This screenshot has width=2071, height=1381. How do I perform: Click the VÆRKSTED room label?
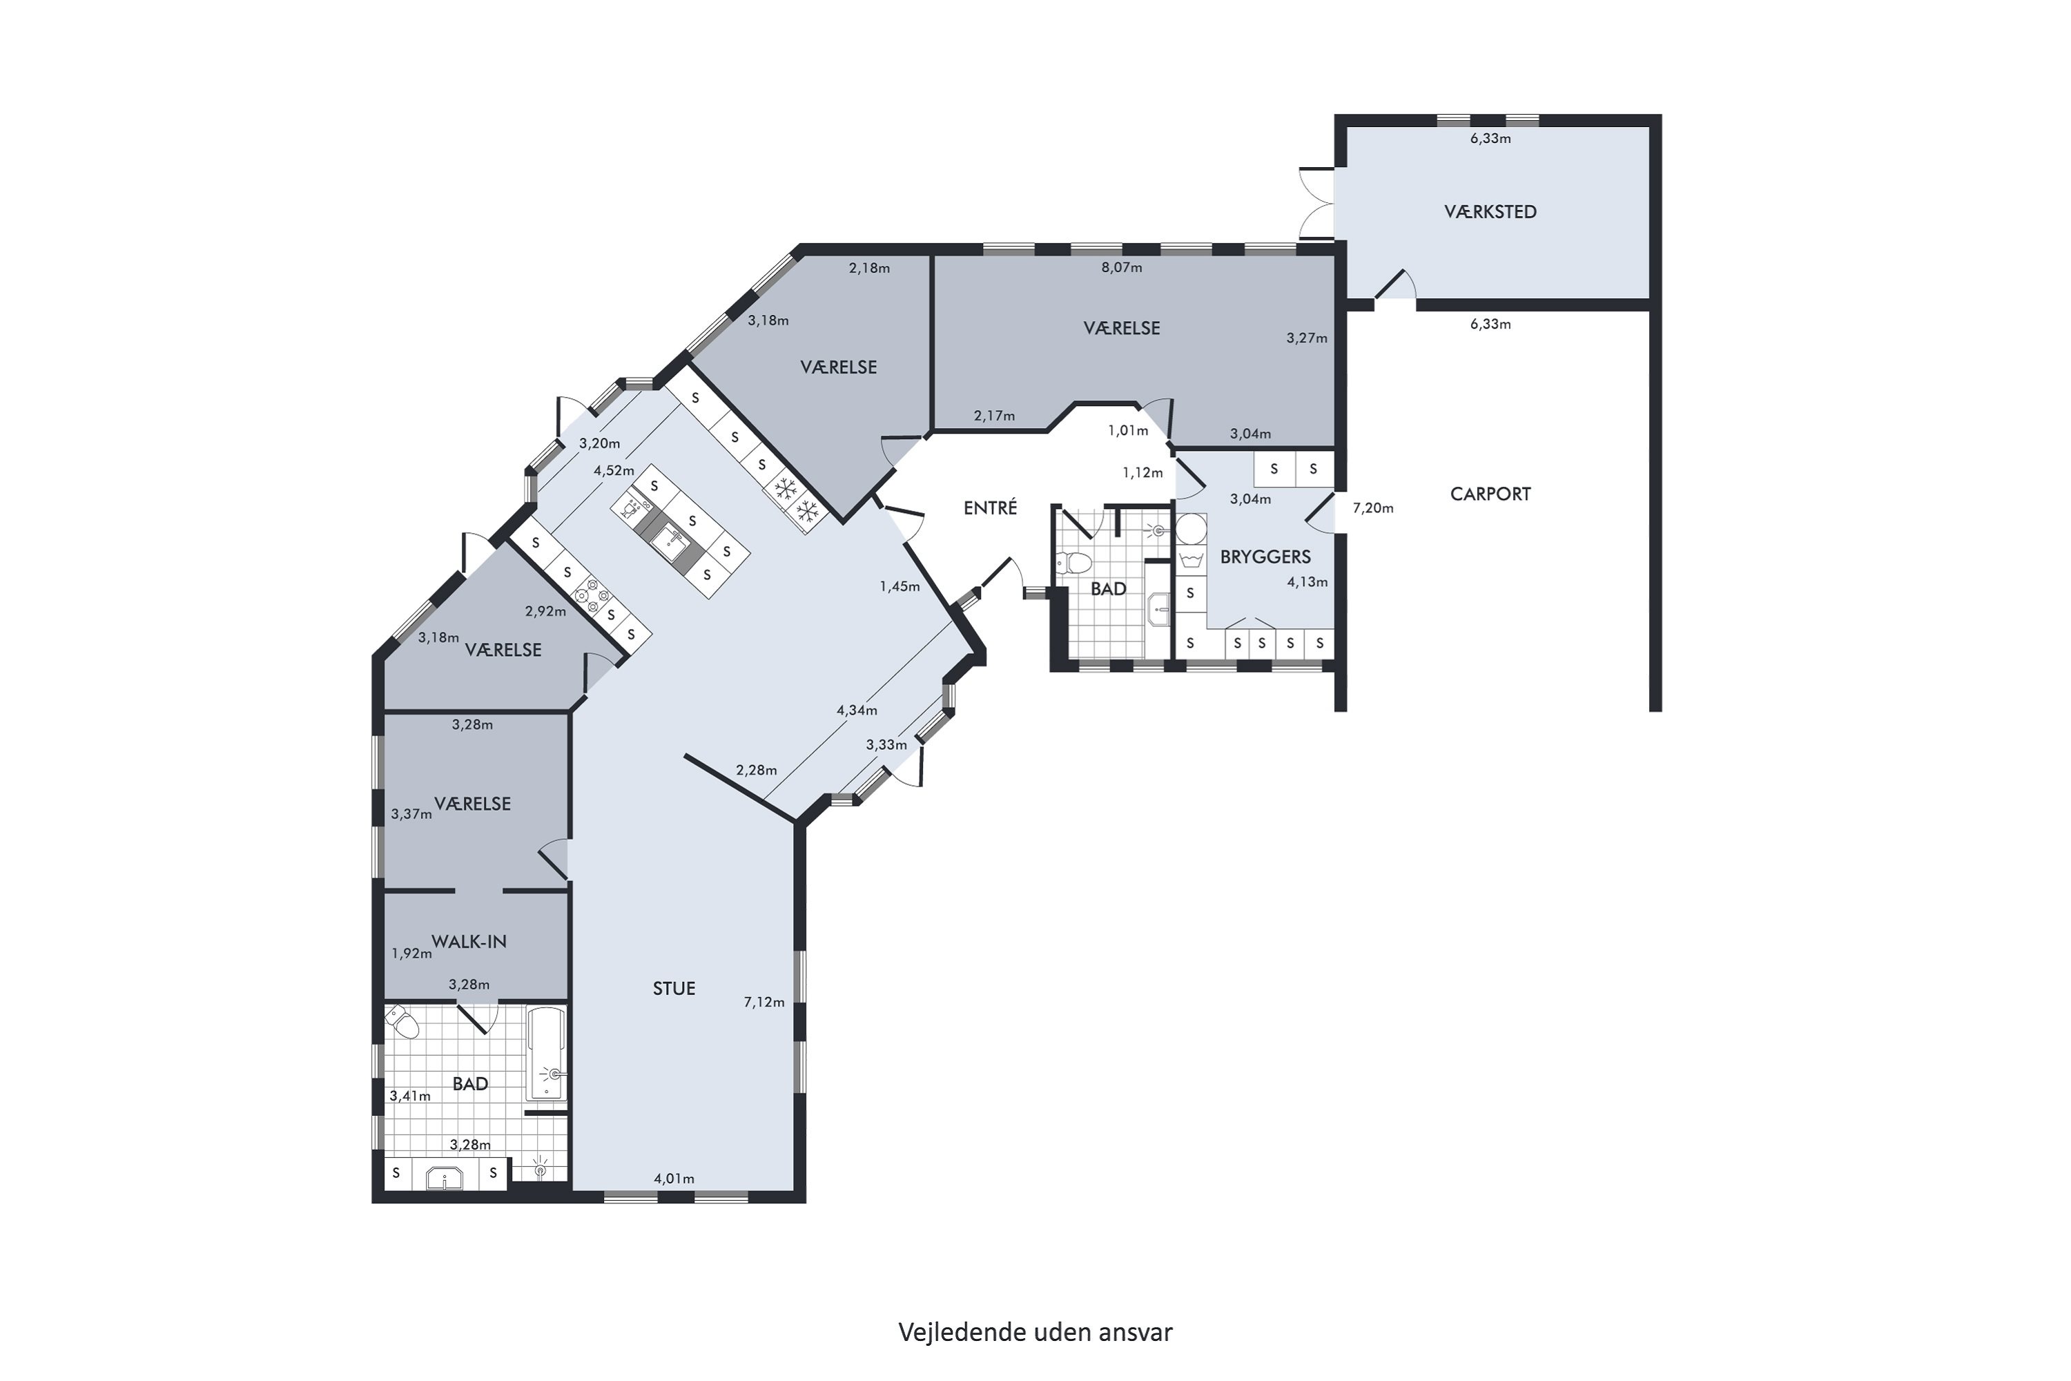point(1490,211)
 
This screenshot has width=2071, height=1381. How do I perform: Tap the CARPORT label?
point(1490,494)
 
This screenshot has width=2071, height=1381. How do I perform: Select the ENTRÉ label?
point(990,508)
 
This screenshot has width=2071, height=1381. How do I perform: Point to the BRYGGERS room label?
point(1265,557)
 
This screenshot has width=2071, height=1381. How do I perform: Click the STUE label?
point(674,988)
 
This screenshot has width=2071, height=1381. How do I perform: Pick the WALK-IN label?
point(469,942)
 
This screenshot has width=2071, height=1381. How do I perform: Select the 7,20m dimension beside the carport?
point(1373,508)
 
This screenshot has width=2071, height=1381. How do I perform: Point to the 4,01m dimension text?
point(674,1179)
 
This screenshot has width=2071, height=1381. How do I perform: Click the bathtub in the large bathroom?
point(546,1054)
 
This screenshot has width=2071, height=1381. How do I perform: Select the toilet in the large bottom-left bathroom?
point(403,1022)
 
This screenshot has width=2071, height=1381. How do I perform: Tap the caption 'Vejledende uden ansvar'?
point(1035,1333)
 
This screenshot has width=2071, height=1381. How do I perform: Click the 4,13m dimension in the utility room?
point(1307,581)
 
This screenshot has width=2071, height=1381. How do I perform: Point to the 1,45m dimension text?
point(900,586)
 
